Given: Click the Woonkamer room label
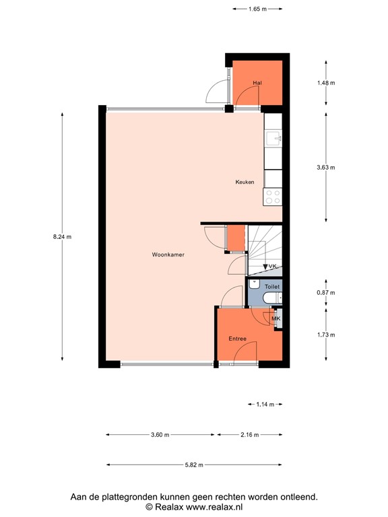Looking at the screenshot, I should point(168,255).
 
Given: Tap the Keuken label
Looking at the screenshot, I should point(245,182).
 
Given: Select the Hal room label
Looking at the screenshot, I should point(257,83).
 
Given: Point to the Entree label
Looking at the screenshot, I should point(237,339).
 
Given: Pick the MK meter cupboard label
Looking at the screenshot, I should point(275,318).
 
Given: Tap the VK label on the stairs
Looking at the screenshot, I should point(273,267).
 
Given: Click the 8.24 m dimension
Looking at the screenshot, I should point(62,236).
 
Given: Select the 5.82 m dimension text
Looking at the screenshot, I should point(193,464).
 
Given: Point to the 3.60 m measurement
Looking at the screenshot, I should point(160,434).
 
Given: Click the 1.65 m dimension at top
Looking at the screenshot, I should point(257,9).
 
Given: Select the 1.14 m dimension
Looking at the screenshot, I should point(266,404).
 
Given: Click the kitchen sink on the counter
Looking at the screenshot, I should point(273,139).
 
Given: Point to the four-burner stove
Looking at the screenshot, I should point(273,196).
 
